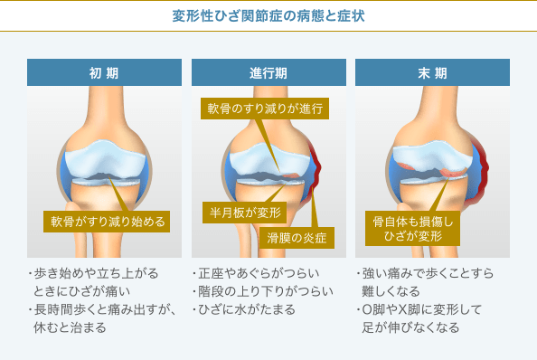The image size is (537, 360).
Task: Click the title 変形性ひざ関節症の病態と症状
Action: pyautogui.click(x=268, y=16)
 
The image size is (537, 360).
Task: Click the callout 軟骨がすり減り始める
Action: pyautogui.click(x=108, y=222)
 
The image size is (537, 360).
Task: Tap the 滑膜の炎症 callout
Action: pyautogui.click(x=297, y=239)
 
